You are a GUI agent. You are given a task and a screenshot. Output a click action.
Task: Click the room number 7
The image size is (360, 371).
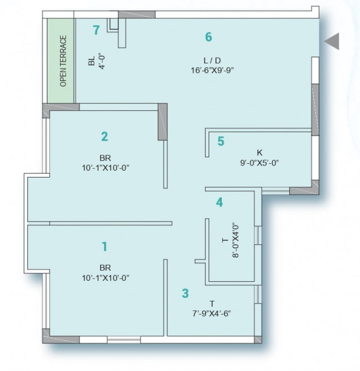point(96,30)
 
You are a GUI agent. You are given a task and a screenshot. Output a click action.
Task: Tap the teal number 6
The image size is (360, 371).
point(209,37)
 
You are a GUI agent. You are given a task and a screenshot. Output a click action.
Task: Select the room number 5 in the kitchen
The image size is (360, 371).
point(221,141)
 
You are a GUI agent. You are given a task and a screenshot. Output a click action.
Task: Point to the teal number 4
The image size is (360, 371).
point(219,203)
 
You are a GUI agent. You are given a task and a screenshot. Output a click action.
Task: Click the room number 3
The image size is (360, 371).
point(185,293)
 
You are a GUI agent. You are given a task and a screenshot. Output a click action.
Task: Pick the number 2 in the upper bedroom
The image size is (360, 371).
point(105,136)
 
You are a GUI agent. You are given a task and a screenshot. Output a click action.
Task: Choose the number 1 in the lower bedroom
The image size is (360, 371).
point(105,247)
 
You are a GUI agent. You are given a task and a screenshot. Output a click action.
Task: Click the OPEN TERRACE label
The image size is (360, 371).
point(63,61)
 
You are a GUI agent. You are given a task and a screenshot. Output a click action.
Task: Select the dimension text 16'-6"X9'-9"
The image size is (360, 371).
point(213,70)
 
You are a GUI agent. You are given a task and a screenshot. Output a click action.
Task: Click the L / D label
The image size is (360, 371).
point(212,61)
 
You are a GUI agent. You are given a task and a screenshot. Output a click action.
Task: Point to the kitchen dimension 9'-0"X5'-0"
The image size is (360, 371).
point(259,163)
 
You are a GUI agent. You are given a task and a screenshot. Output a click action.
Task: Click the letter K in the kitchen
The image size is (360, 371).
point(259,152)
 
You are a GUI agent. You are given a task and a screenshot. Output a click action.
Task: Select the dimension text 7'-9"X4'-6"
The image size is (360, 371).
point(211,313)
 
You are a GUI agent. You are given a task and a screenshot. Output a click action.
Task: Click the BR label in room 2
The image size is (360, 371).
point(105,158)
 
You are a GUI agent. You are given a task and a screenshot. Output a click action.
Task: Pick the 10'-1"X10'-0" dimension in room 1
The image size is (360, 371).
point(106,278)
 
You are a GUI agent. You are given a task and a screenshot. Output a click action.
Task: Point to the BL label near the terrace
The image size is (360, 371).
point(91,61)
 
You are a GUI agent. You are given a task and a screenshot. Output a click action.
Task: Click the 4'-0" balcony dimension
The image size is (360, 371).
point(102,61)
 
